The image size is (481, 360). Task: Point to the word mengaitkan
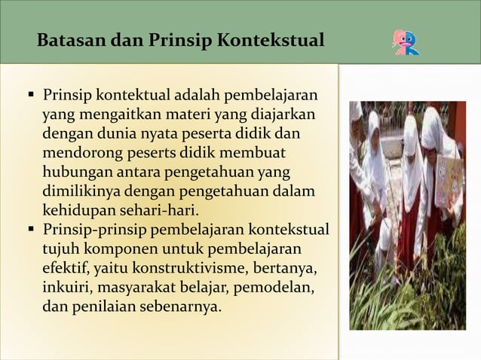point(103,115)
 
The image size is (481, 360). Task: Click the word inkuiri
point(66,287)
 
